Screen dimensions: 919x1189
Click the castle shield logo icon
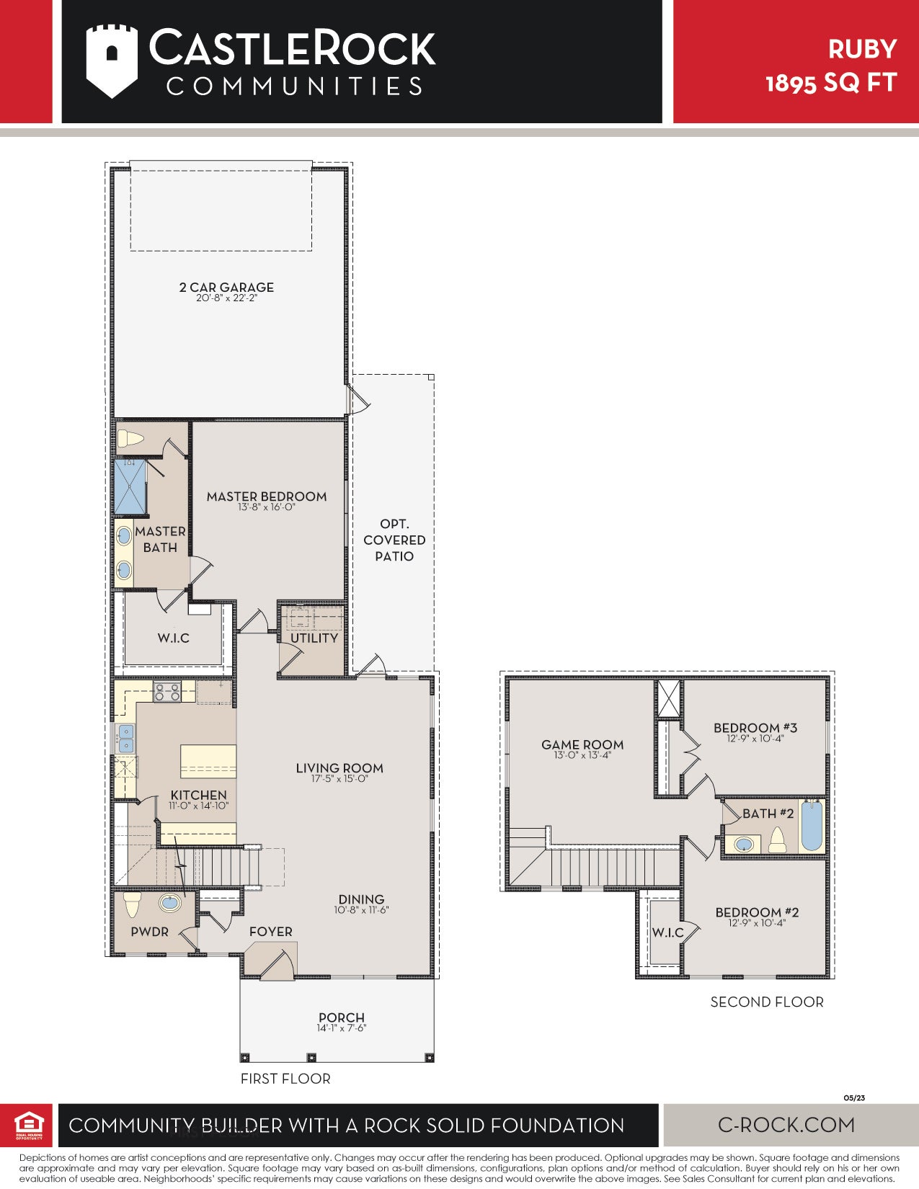(x=112, y=61)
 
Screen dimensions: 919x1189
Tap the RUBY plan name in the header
(x=862, y=49)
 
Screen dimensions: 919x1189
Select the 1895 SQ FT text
(x=831, y=83)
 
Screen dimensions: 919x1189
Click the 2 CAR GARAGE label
(x=226, y=288)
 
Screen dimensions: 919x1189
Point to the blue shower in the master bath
(x=130, y=487)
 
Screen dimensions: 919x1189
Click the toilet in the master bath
(x=130, y=438)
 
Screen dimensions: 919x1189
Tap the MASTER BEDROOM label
(x=267, y=496)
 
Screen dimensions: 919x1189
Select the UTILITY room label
(x=314, y=638)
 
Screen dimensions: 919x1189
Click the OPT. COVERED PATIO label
(x=394, y=540)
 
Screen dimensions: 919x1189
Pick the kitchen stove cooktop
(x=167, y=693)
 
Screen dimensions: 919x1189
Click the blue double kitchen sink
(x=126, y=739)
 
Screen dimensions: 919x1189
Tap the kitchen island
(x=208, y=761)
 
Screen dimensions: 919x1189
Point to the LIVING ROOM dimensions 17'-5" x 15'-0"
(x=339, y=779)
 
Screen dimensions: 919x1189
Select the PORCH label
(x=342, y=1017)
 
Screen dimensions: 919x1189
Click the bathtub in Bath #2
(x=812, y=827)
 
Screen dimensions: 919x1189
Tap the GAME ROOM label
(x=582, y=744)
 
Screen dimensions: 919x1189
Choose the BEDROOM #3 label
(x=755, y=728)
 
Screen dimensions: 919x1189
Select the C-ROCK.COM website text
(x=786, y=1125)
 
